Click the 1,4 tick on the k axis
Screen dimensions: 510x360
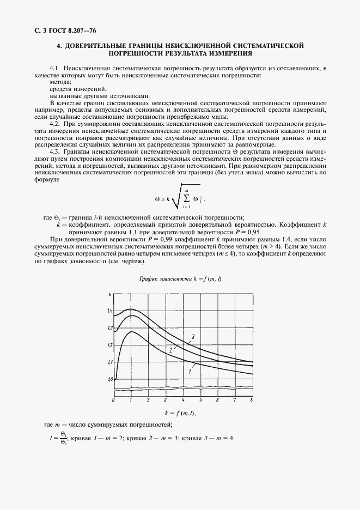[110, 311]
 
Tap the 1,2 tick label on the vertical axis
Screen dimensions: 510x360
[110, 345]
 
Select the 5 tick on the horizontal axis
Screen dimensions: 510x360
[200, 400]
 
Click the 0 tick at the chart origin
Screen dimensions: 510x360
[113, 400]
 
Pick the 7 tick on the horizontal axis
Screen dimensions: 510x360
[235, 400]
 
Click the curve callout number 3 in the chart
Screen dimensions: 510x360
[192, 338]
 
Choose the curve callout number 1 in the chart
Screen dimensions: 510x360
[189, 371]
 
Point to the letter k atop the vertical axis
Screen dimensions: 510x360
[111, 295]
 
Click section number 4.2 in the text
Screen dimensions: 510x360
[56, 125]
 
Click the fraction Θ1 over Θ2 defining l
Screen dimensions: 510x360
[63, 439]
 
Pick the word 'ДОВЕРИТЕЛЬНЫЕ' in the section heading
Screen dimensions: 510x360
[99, 45]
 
